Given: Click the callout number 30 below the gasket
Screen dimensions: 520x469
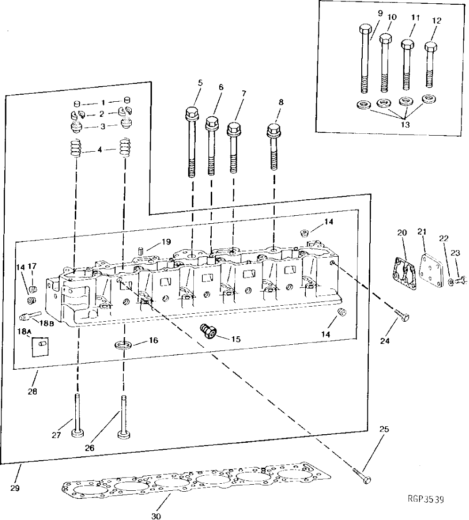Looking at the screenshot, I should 156,516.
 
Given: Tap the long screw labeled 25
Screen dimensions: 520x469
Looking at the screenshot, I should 361,476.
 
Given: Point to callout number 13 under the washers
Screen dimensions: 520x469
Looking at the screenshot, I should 405,125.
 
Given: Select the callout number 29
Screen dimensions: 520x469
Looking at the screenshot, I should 15,488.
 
